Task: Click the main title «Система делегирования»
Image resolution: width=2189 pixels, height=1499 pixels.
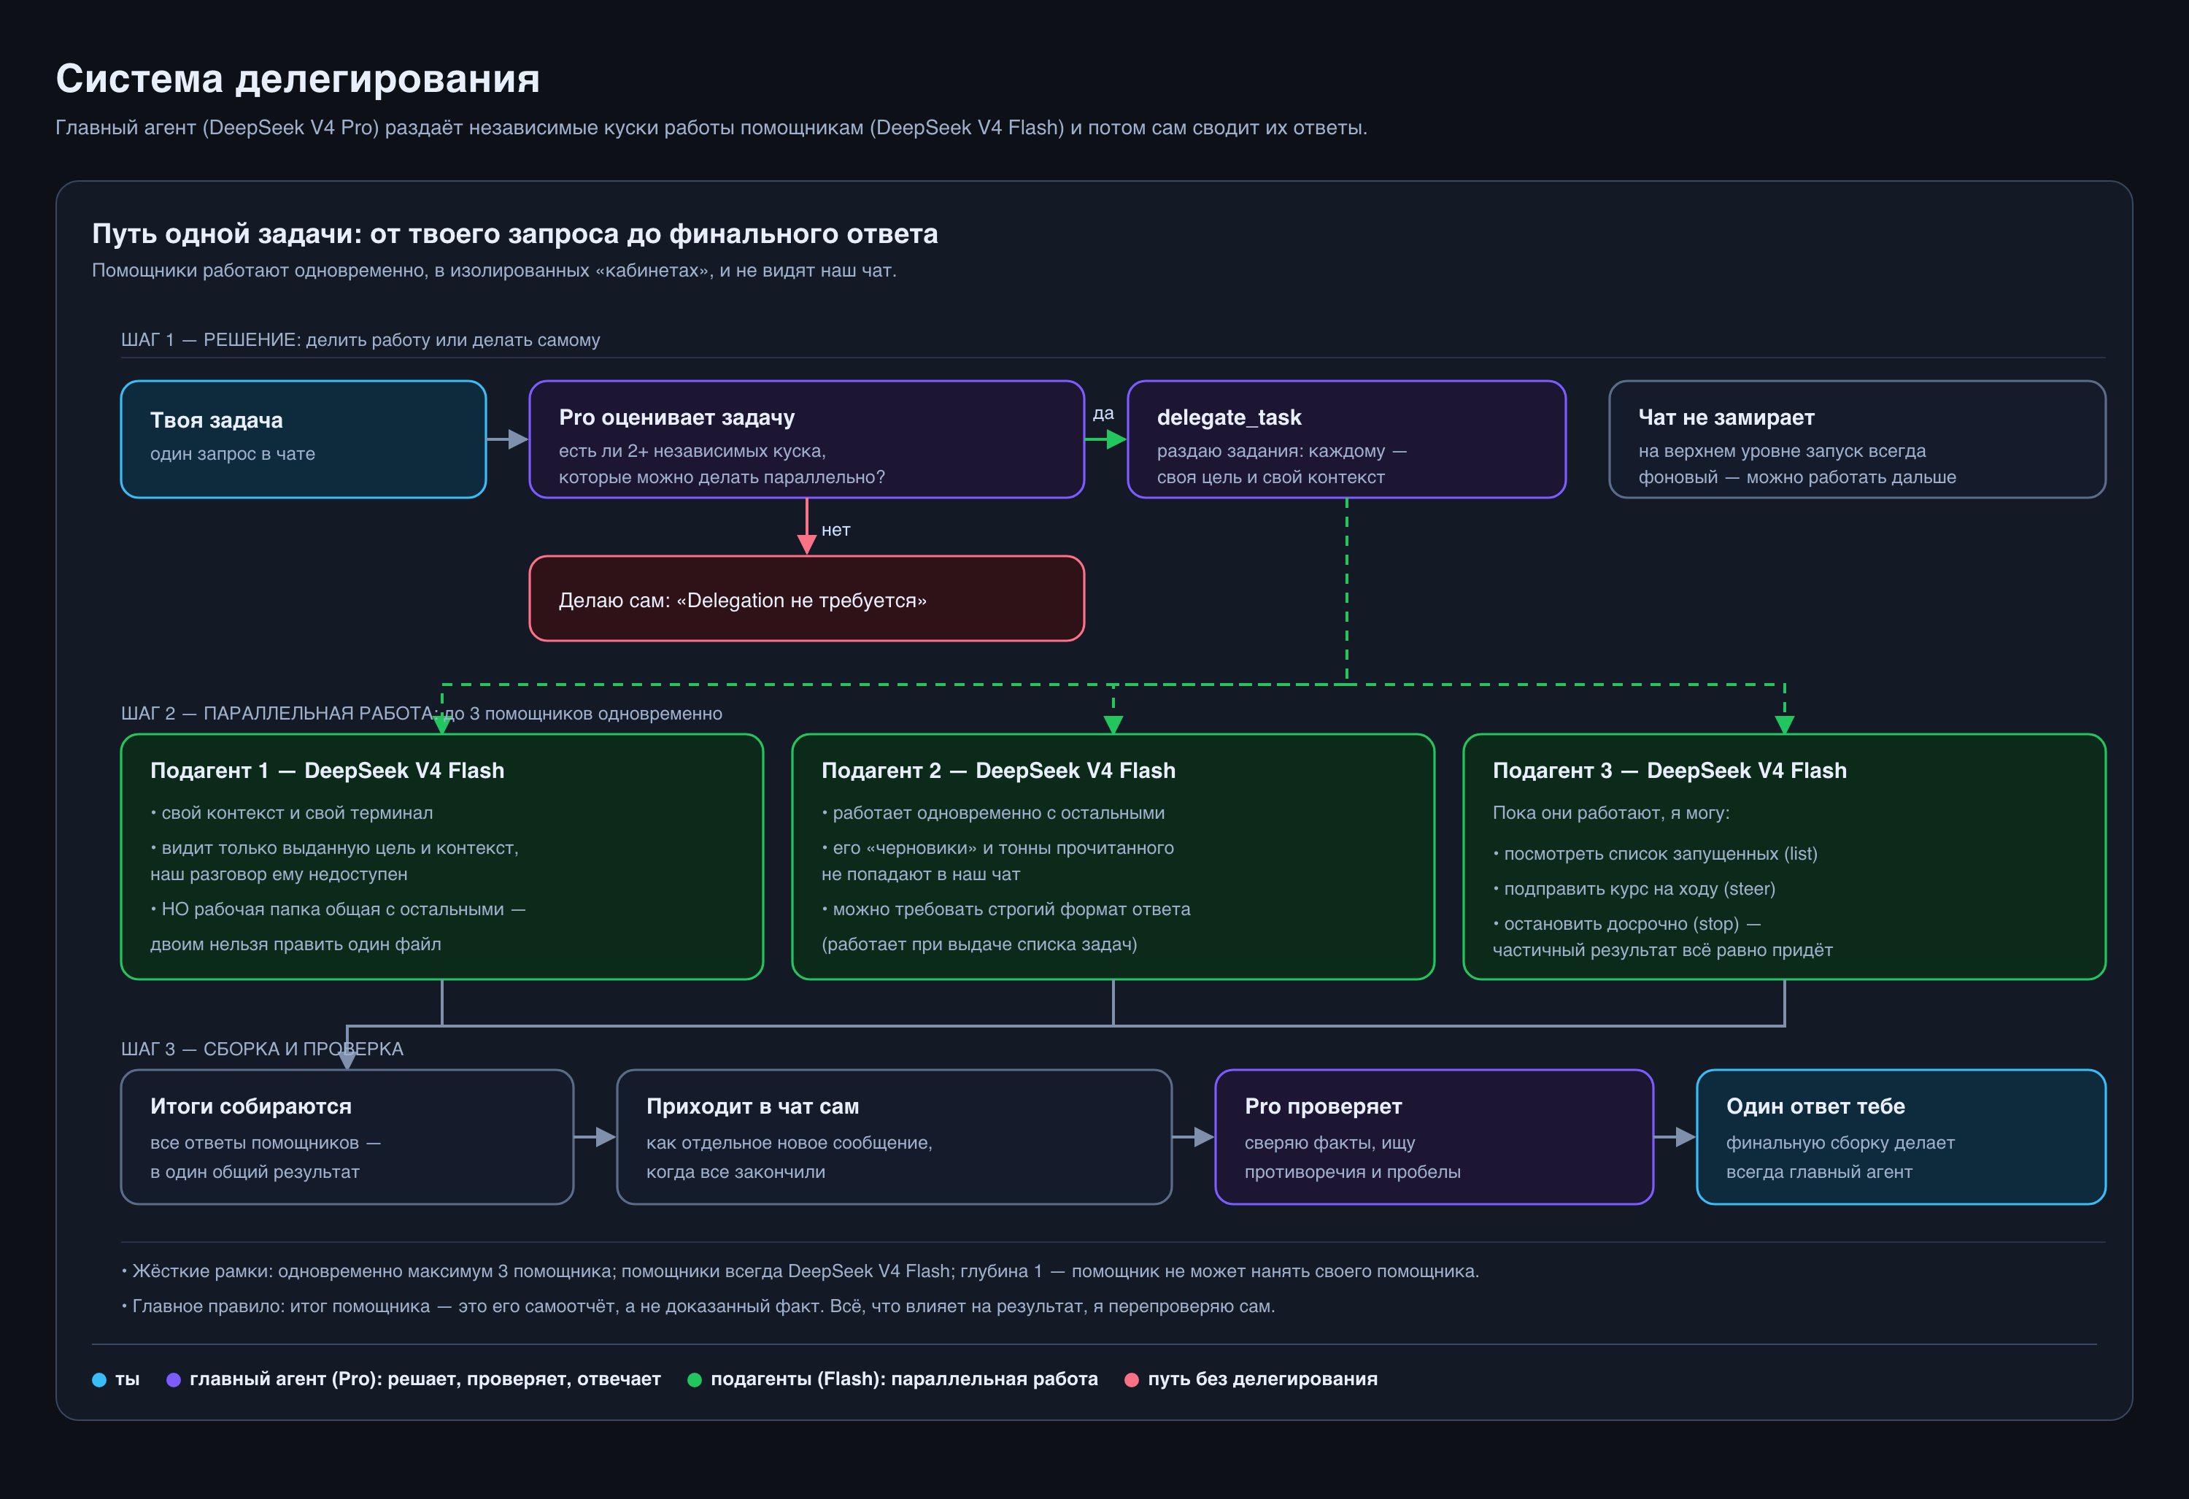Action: coord(298,78)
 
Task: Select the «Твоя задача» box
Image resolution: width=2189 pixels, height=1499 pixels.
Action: coord(304,439)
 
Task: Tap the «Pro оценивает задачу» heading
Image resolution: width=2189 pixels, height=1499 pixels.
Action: coord(676,417)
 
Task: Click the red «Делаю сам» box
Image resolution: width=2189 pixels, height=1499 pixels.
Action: coord(806,598)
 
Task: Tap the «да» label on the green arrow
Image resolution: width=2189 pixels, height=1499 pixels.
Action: coord(1103,414)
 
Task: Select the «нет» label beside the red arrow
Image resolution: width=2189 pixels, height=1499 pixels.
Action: coord(835,530)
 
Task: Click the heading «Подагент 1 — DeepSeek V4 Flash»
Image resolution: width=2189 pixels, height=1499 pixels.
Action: coord(327,771)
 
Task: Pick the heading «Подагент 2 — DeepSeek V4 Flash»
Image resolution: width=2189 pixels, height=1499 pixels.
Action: coord(998,771)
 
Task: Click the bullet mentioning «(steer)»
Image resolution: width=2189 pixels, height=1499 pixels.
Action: coord(1634,888)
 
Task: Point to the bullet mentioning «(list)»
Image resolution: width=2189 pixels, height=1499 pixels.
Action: coord(1655,854)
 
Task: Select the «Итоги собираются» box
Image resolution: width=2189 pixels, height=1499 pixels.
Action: coord(347,1136)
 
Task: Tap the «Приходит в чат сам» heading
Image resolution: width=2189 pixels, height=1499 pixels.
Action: coord(752,1106)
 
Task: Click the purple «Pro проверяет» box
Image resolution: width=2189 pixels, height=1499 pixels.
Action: coord(1434,1136)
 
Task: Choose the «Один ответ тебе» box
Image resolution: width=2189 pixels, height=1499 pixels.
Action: coord(1901,1136)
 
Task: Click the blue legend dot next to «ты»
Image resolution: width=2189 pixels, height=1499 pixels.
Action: coord(99,1379)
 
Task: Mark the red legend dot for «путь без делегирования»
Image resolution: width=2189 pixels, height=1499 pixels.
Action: coord(1131,1379)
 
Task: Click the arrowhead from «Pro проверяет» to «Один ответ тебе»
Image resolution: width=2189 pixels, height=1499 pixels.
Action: coord(1686,1137)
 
